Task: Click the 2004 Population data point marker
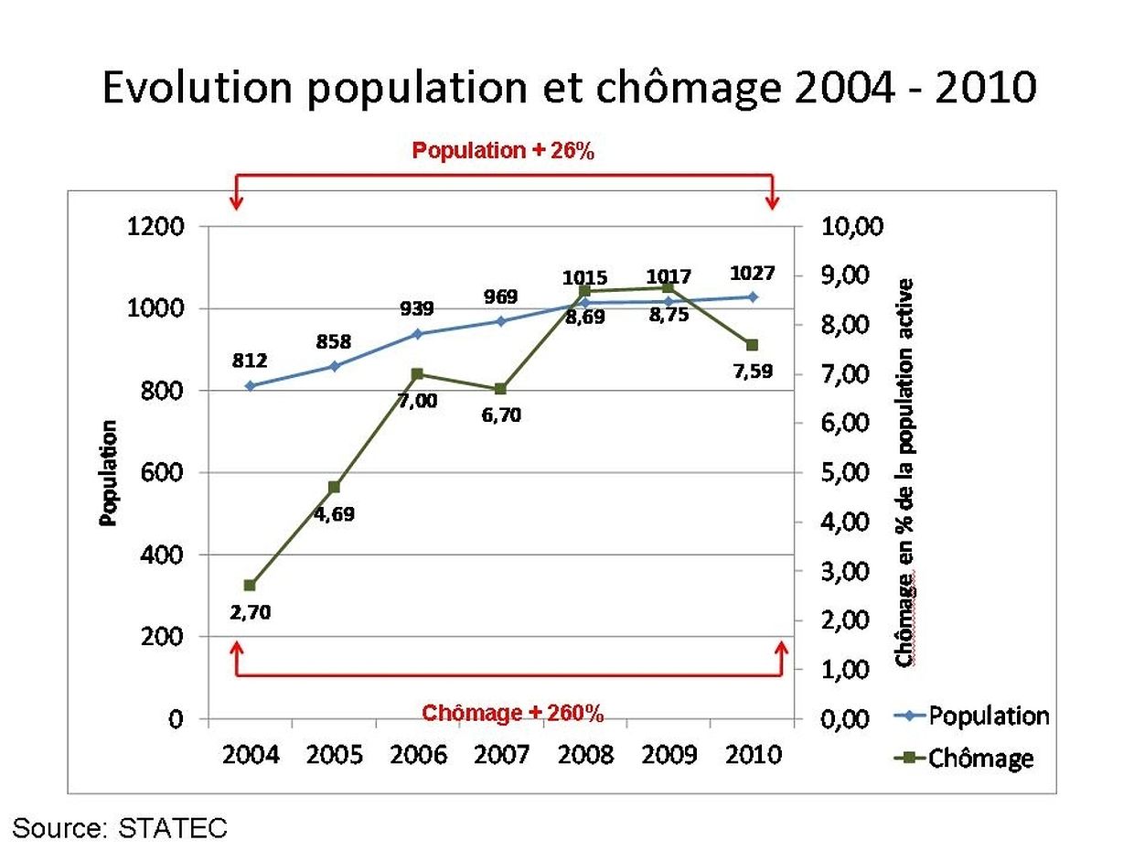[251, 385]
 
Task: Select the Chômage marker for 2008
[585, 291]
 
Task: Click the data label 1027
[753, 273]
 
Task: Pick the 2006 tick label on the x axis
[418, 755]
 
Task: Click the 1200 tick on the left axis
[159, 227]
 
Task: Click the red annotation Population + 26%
[503, 151]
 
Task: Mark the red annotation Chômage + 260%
[512, 713]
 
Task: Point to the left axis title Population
[109, 473]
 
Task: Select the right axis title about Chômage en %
[906, 473]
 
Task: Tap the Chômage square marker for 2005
[334, 487]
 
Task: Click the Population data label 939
[416, 308]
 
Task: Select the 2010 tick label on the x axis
[753, 755]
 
